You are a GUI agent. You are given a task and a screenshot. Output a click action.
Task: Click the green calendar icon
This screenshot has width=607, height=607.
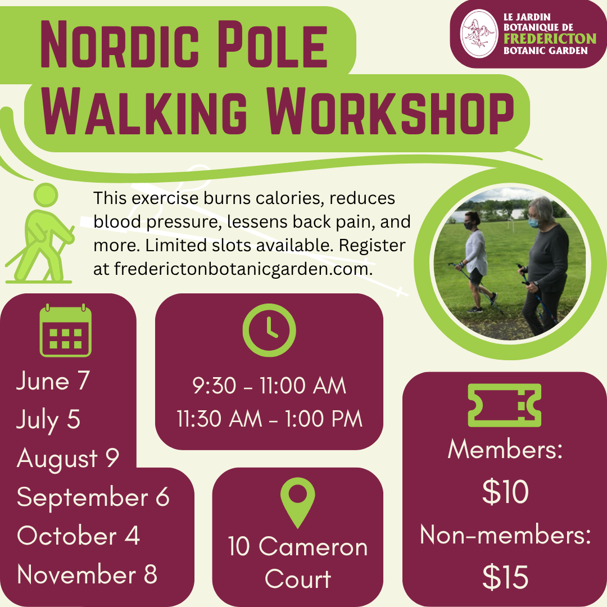[x=65, y=330]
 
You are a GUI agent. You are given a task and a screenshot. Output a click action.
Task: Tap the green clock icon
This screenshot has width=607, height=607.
[x=269, y=330]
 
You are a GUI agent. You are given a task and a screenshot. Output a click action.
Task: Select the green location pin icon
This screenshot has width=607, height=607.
[x=297, y=502]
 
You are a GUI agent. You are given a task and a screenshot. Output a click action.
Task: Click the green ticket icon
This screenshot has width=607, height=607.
[x=504, y=405]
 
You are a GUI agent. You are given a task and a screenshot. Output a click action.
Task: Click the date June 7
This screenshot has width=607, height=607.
[x=53, y=381]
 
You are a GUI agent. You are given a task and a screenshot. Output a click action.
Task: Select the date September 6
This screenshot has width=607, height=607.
[x=93, y=497]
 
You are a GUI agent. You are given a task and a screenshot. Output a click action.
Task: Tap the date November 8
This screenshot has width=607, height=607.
[x=87, y=574]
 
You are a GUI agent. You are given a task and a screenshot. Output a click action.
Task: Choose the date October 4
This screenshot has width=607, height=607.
[x=78, y=536]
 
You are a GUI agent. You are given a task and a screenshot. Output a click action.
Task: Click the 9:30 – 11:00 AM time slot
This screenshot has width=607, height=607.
[x=269, y=386]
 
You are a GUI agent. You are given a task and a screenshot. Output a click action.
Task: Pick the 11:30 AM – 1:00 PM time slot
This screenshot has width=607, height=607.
[x=269, y=419]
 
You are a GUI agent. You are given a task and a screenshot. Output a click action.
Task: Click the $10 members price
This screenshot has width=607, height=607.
[x=505, y=492]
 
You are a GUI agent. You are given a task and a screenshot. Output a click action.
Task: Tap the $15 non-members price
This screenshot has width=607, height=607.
[x=505, y=577]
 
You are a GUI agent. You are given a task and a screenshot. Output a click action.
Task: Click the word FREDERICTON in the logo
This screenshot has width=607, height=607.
[x=550, y=39]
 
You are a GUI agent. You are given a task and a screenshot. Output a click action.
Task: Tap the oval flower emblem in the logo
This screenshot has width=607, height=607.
[x=479, y=34]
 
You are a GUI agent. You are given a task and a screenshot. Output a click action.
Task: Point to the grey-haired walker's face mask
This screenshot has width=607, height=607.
[x=534, y=222]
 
